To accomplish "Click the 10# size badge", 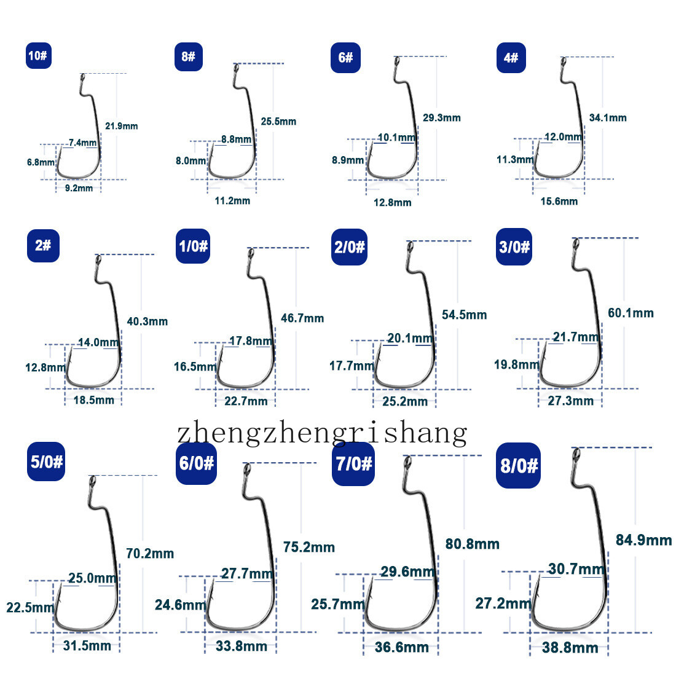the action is pos(38,55).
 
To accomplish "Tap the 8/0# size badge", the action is pos(518,466).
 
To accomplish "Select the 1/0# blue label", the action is pos(193,246).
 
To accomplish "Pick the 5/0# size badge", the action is pos(46,462).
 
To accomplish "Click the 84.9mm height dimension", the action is pos(643,540).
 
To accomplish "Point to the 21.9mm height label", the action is pos(122,127).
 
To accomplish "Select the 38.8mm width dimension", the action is pos(570,648).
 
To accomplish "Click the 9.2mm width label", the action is pos(79,188).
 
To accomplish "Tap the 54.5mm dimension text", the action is pos(465,315).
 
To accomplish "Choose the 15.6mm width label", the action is pos(559,202).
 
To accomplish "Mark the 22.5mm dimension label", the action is pos(30,607).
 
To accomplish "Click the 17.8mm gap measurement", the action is pos(251,341).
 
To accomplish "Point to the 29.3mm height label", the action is pos(441,118).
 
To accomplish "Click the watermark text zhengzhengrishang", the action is pos(322,433).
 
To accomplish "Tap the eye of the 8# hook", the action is pos(236,69).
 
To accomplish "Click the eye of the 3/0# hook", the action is pos(575,245).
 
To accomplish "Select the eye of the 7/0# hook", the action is pos(407,463).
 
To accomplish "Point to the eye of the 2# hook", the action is pos(98,261).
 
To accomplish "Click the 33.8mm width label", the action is pos(242,646).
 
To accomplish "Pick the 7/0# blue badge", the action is pos(353,464).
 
